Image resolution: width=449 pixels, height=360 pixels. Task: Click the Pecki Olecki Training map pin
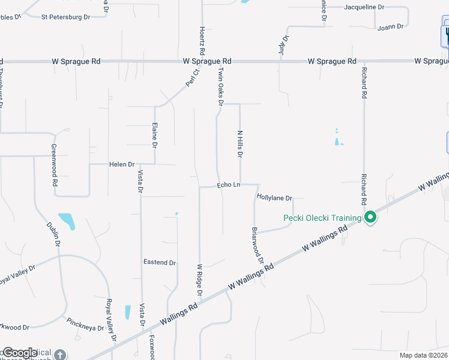coord(370,217)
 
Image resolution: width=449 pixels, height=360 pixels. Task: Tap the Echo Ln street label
coord(228,185)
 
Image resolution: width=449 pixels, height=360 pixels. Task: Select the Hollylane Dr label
coord(274,197)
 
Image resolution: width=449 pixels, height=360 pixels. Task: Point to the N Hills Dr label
coord(240,145)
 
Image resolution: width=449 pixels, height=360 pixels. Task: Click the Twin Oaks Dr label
coord(220,86)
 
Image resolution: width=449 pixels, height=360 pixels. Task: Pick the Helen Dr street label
coord(122,164)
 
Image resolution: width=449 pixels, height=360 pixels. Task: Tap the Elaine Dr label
coord(154,136)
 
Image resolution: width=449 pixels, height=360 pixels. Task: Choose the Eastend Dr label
coord(159,263)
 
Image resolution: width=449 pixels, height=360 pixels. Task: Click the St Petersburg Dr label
coord(65,17)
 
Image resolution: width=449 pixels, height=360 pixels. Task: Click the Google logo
coord(19,353)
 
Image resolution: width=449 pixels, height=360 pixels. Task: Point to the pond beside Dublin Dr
coord(67,221)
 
